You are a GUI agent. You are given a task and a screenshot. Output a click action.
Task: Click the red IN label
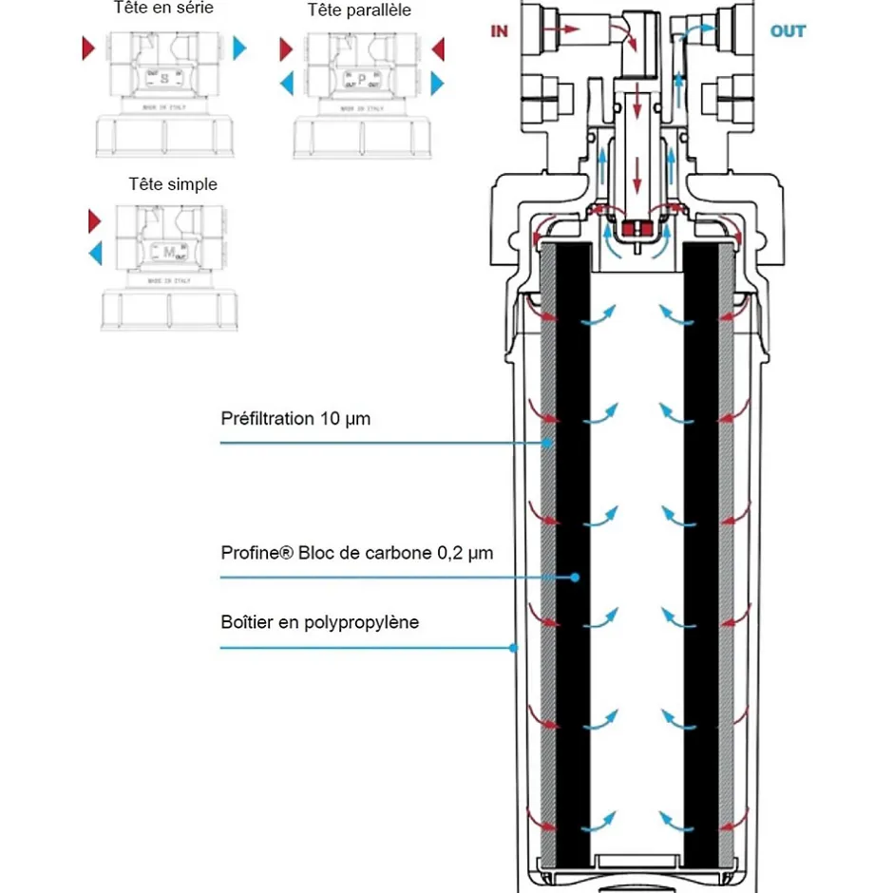coord(499,31)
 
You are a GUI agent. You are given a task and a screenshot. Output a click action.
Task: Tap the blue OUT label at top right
coord(788,31)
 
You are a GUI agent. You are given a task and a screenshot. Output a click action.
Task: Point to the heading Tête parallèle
coord(359,10)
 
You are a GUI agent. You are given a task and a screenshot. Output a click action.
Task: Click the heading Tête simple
coord(173,184)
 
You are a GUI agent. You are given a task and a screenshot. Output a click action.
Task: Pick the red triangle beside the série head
coord(88,47)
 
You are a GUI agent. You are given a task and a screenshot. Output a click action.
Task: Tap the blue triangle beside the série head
coord(240,47)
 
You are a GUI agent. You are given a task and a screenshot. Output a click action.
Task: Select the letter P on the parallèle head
coord(361,79)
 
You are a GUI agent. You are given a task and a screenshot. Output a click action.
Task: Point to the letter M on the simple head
coord(169,252)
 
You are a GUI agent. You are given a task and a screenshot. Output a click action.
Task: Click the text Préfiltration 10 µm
coord(294,418)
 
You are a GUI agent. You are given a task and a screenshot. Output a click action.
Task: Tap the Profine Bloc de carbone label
coord(356,552)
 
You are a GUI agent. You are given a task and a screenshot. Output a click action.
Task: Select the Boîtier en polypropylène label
coord(319,622)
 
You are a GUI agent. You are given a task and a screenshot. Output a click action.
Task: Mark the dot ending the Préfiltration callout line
coord(548,443)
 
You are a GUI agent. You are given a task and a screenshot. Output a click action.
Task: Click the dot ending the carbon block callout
coord(575,577)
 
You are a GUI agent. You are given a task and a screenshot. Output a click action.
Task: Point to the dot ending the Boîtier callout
coord(513,648)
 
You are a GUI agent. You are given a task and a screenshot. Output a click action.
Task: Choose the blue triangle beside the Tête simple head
coord(95,253)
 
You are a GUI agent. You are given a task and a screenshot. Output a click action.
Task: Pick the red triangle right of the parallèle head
coord(438,48)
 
